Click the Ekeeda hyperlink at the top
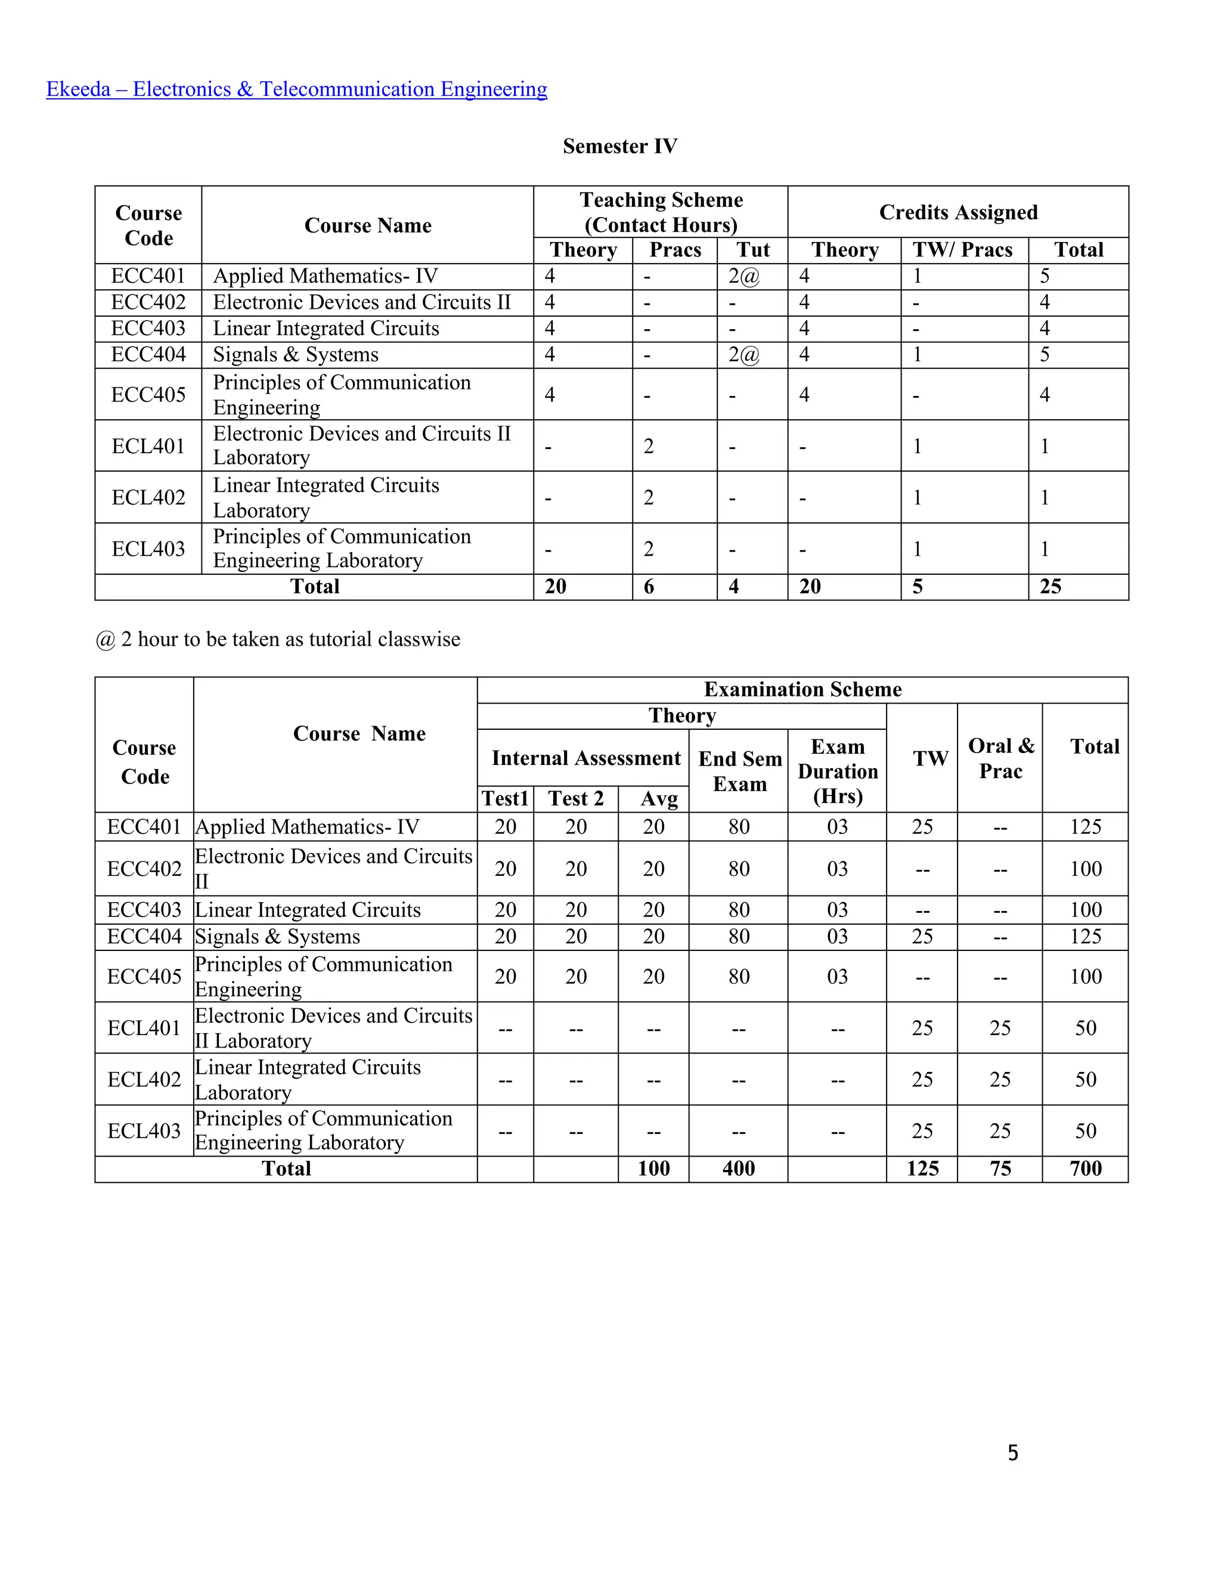[x=296, y=89]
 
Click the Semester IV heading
[x=620, y=146]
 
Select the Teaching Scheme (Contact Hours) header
[x=661, y=212]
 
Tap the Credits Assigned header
[x=957, y=212]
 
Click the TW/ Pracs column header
[x=962, y=250]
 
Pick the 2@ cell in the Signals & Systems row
[x=744, y=355]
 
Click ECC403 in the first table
[x=148, y=329]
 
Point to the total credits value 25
[x=1050, y=587]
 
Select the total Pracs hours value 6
[x=649, y=587]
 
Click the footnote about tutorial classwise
[x=278, y=640]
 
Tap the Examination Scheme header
[x=802, y=689]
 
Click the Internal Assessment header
[x=586, y=758]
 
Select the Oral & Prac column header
[x=1000, y=758]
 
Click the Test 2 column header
[x=576, y=799]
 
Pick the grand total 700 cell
[x=1086, y=1169]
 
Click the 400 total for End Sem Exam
[x=739, y=1169]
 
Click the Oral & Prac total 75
[x=1000, y=1169]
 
